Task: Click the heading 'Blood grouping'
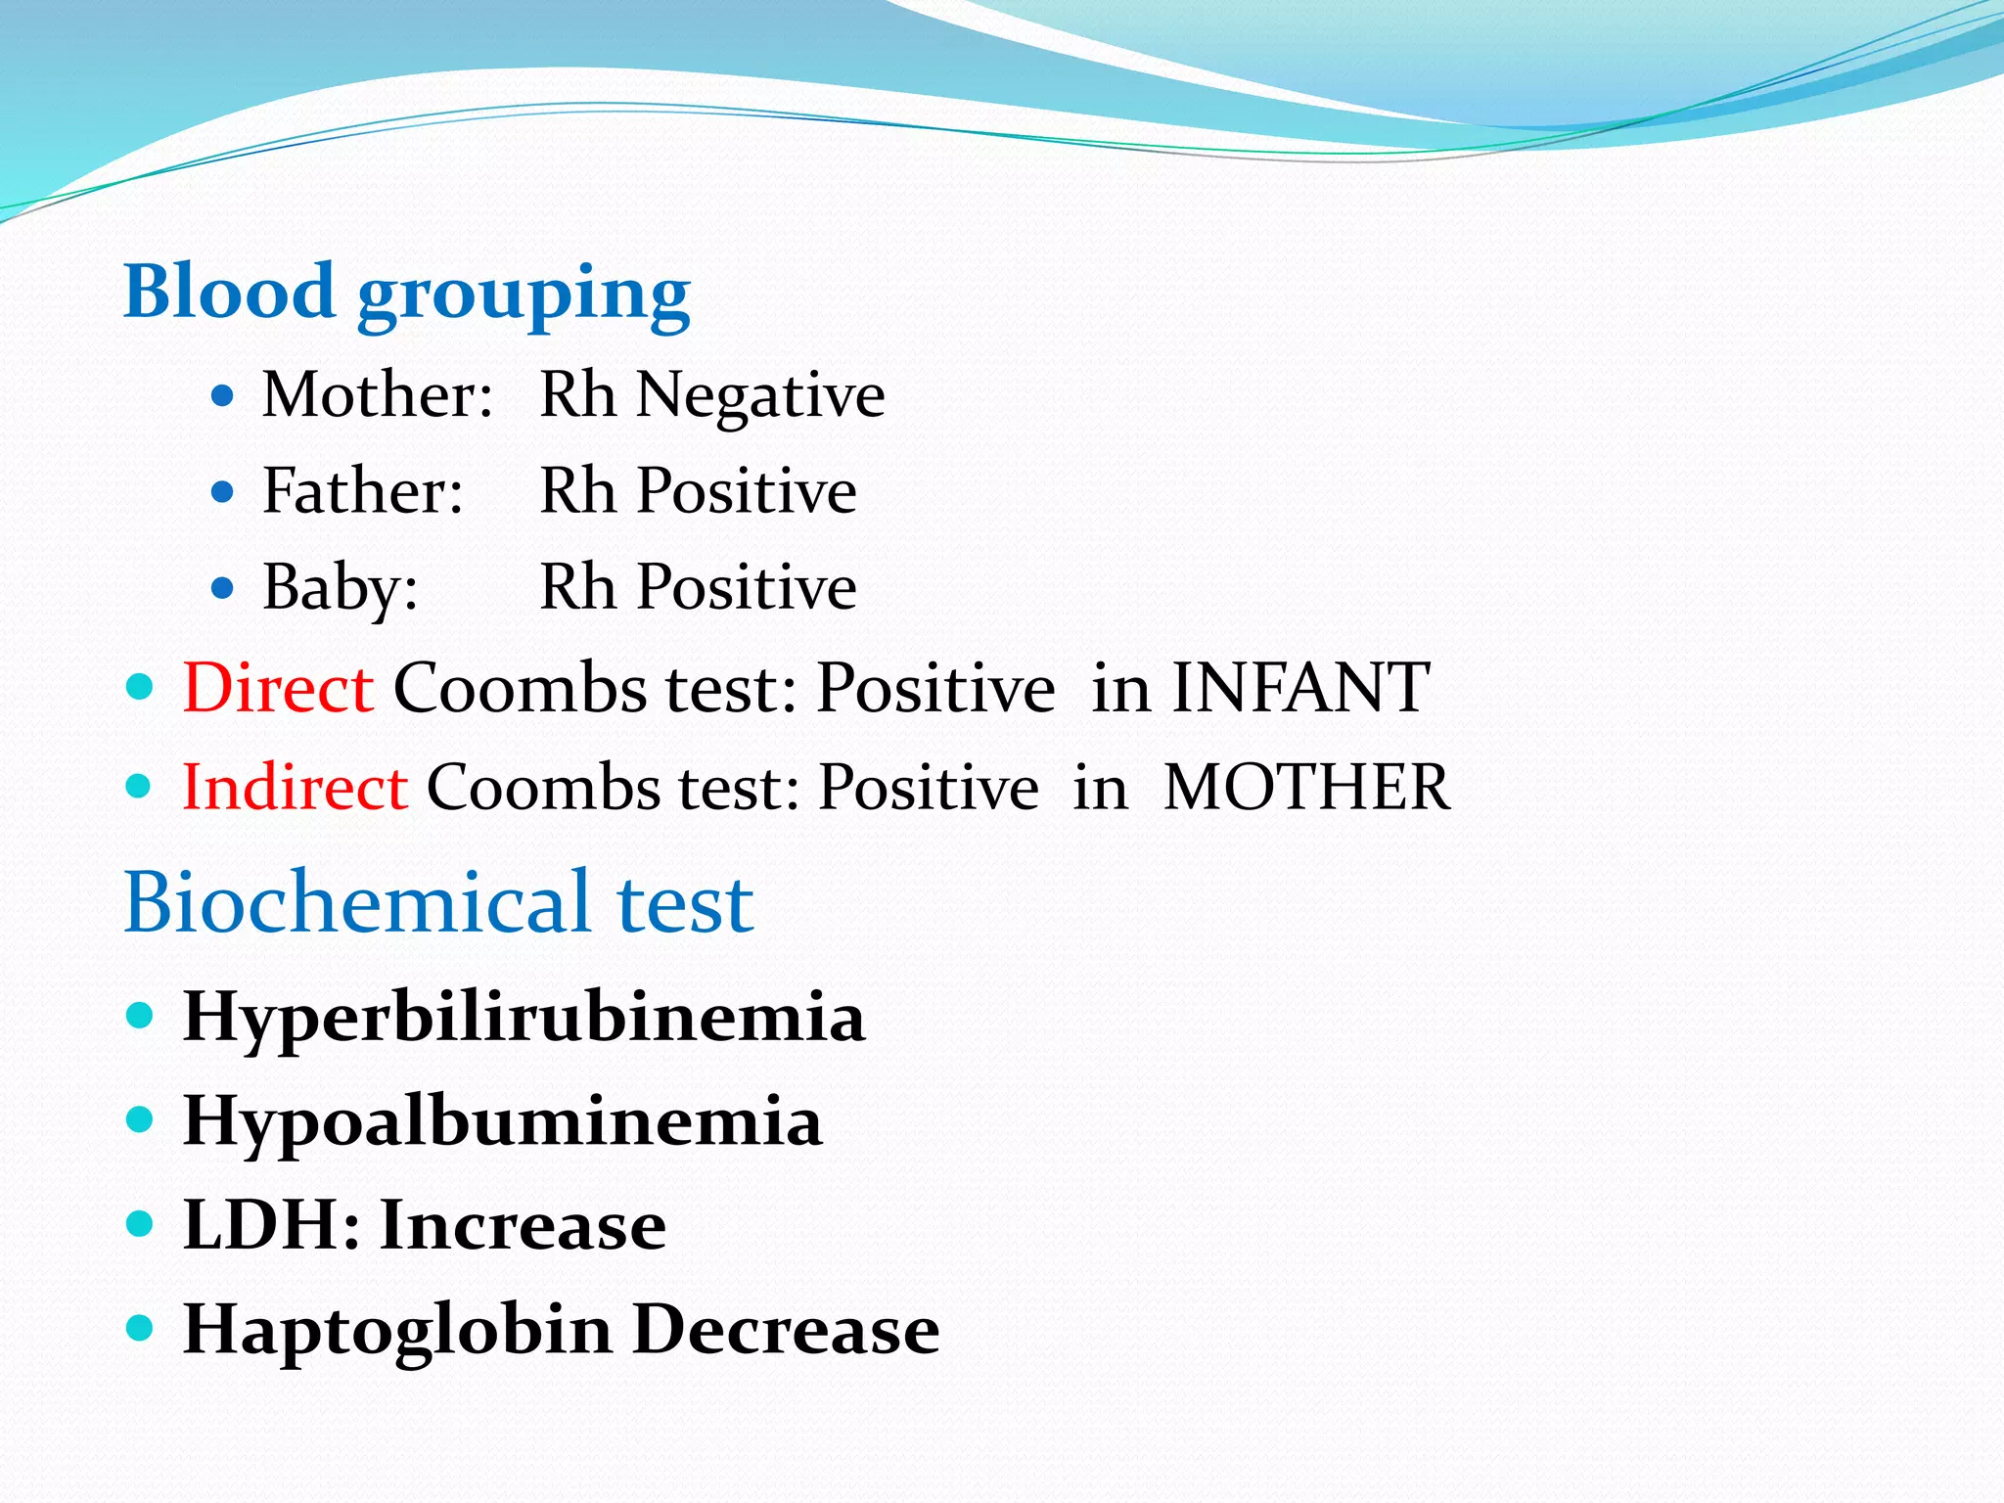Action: [x=406, y=294]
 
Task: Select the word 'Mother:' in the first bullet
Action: [x=377, y=395]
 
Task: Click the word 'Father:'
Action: [x=362, y=491]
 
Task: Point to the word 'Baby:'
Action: [x=340, y=587]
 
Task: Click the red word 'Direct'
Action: [x=278, y=688]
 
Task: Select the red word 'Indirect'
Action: [x=295, y=788]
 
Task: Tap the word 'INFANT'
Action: [x=1300, y=688]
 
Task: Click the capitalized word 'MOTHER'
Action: [x=1306, y=788]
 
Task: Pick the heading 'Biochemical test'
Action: [x=438, y=902]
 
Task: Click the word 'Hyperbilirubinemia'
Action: [x=524, y=1018]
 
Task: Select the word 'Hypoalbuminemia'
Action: [x=502, y=1121]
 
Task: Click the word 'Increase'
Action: [x=523, y=1225]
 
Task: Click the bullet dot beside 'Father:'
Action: [x=223, y=491]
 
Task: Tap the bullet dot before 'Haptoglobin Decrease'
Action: [x=141, y=1328]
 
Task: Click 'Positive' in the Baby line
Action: [x=747, y=587]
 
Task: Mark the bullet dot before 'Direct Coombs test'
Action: [x=141, y=686]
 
